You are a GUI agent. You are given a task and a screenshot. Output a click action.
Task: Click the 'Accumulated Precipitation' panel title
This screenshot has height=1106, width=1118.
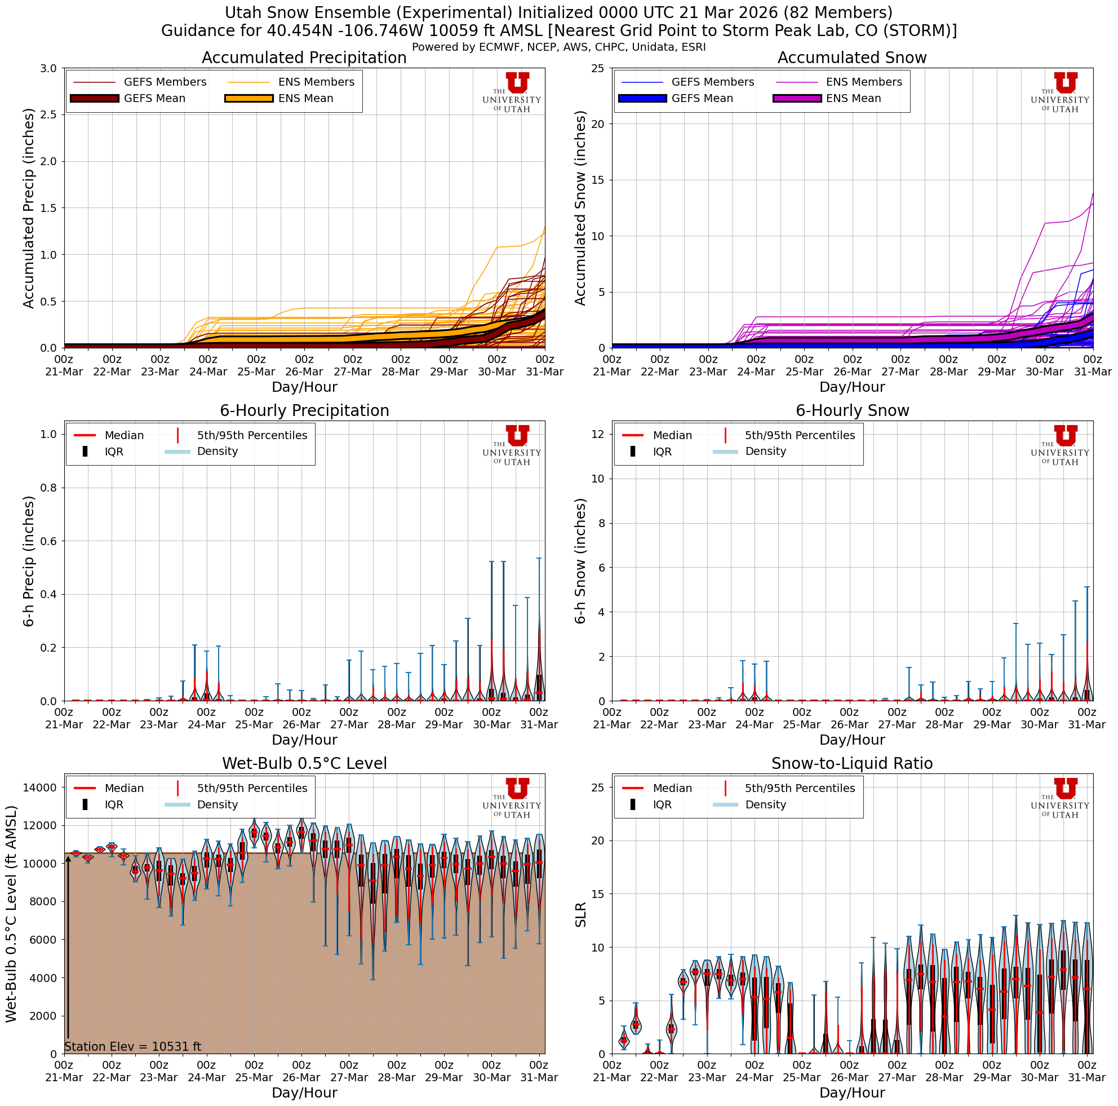pos(304,58)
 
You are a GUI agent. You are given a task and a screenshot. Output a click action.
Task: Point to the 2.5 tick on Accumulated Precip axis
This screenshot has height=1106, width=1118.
pos(49,114)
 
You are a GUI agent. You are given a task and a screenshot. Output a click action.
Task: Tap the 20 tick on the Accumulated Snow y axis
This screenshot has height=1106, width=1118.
pos(598,124)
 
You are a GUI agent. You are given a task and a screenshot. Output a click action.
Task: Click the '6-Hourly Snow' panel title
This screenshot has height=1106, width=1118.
pos(852,410)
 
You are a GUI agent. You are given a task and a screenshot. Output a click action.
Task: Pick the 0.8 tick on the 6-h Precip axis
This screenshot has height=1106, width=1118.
pos(49,488)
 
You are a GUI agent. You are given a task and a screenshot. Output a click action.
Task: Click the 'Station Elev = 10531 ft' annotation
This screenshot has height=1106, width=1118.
pos(132,1046)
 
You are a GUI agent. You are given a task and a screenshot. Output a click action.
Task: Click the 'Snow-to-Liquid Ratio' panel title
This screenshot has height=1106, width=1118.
pos(852,763)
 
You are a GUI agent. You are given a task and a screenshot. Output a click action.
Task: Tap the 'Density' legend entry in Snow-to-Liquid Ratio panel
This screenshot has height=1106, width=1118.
pos(765,804)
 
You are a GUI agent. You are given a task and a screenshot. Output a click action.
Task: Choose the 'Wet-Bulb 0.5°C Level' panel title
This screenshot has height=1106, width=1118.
pos(304,763)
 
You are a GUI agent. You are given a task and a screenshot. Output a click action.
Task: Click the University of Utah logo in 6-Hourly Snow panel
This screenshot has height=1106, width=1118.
pos(1059,444)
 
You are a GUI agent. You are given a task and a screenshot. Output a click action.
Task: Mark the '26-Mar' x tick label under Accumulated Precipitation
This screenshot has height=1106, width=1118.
pos(304,371)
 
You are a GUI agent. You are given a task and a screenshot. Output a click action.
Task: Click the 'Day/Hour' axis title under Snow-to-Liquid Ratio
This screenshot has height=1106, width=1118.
pos(852,1092)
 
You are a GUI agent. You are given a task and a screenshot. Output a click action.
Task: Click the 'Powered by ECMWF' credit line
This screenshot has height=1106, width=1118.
pos(558,47)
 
